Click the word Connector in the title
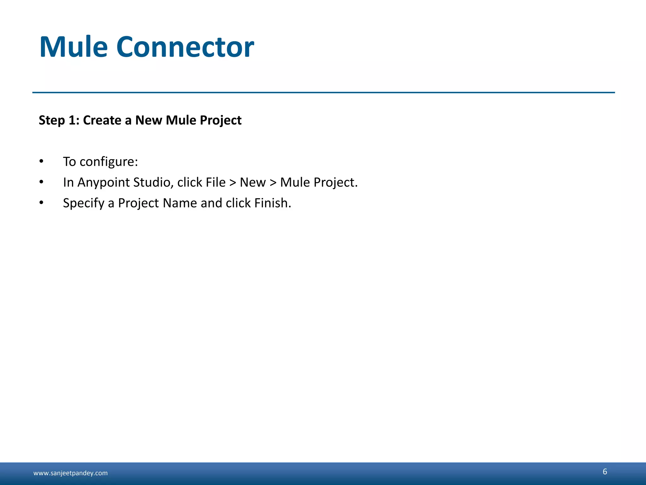tap(185, 47)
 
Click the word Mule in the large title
tap(73, 47)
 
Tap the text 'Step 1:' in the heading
tap(59, 120)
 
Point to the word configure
tap(109, 162)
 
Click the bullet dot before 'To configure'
tap(41, 161)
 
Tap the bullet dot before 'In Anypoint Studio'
tap(41, 182)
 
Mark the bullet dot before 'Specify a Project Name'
tap(41, 203)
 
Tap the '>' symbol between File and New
tap(233, 183)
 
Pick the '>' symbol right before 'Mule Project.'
tap(273, 183)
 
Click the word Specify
tap(84, 203)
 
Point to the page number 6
tap(605, 471)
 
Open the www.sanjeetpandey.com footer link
tap(70, 473)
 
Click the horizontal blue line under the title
tap(323, 93)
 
